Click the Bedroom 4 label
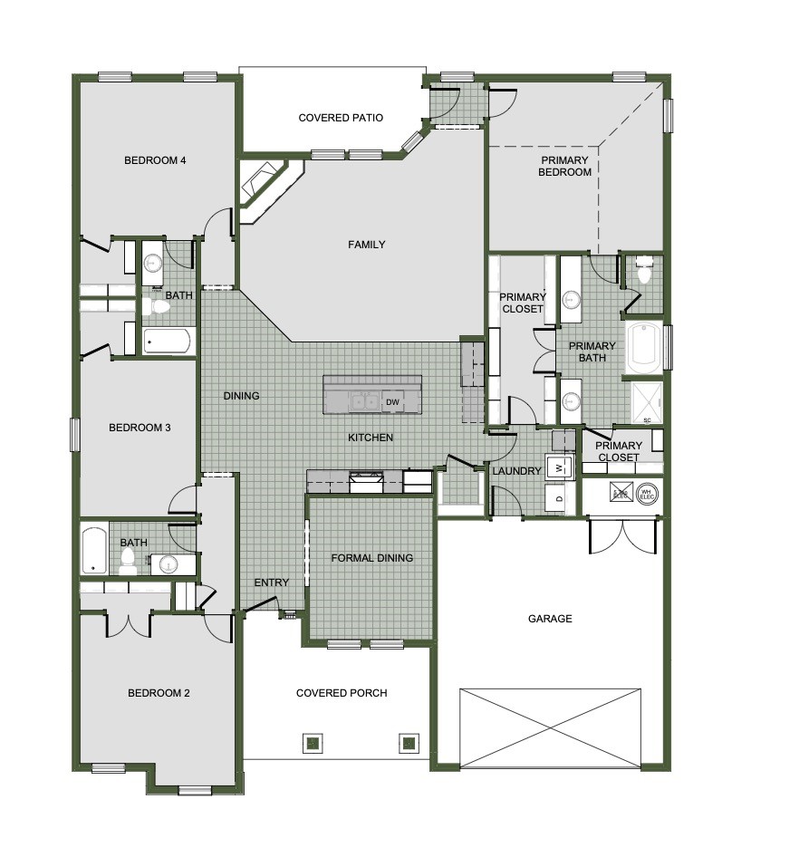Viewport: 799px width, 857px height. (155, 160)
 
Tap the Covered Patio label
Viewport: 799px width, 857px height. (341, 118)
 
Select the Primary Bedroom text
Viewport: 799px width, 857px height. (563, 166)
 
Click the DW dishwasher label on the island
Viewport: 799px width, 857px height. (392, 402)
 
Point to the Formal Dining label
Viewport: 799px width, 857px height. (371, 558)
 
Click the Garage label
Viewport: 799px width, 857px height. (550, 619)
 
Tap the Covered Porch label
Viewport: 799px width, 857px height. (342, 693)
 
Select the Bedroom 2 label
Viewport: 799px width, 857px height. (159, 693)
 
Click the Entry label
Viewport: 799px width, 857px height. (271, 583)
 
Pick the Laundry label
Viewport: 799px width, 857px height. (516, 471)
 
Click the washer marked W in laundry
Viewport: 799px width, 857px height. (560, 467)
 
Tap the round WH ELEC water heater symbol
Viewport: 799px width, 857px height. (647, 494)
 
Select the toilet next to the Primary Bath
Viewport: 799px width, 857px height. (645, 272)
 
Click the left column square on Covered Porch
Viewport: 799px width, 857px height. (312, 743)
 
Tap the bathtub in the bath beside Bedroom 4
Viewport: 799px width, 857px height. (168, 342)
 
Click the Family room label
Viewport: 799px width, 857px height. (367, 245)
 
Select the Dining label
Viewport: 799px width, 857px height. (242, 396)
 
